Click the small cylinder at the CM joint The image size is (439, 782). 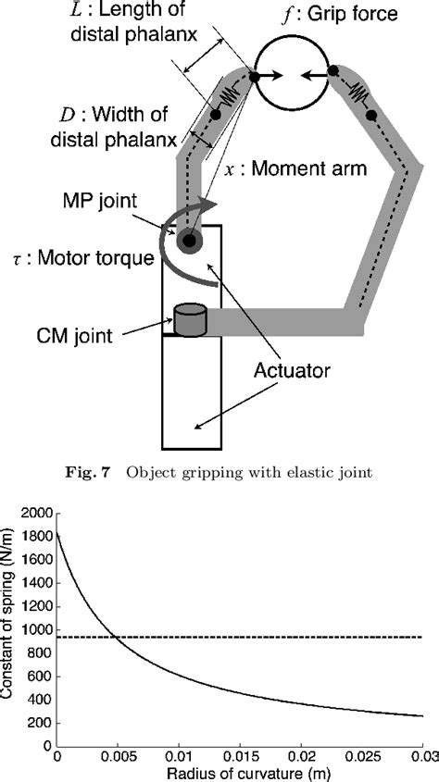pos(189,320)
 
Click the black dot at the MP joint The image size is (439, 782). pos(191,242)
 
